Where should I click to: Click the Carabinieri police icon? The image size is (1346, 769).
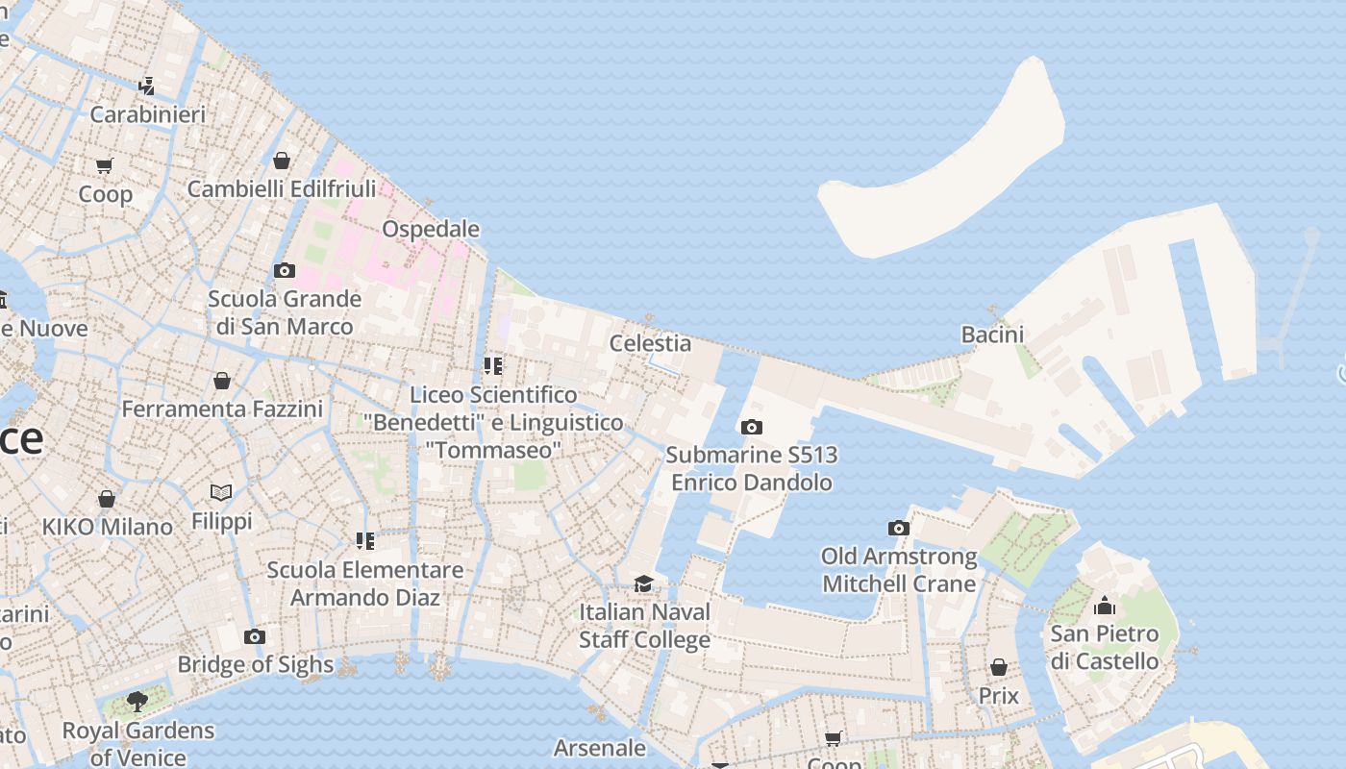[x=146, y=87]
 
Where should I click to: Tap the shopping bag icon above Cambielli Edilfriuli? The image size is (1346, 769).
[x=282, y=161]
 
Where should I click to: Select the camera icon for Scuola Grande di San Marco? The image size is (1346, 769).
[x=284, y=271]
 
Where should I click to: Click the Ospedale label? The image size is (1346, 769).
[x=431, y=229]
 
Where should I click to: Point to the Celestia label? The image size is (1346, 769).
[x=650, y=343]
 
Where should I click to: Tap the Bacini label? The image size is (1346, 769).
[x=992, y=335]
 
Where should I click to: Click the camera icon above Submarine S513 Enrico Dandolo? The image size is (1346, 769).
[x=752, y=428]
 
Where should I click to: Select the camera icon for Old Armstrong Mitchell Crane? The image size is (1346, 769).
[x=899, y=529]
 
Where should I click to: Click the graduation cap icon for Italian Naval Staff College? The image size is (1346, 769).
[x=643, y=584]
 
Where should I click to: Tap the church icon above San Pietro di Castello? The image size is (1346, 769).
[x=1105, y=607]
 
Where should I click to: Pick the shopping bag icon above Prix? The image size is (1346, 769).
[x=999, y=667]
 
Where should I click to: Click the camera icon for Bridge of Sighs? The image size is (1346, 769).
[x=255, y=637]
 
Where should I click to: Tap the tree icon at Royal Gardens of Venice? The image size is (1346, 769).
[x=137, y=702]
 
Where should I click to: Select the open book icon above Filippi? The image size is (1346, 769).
[x=221, y=493]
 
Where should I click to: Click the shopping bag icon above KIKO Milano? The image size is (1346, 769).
[x=107, y=500]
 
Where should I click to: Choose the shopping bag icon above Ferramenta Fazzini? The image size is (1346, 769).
[x=222, y=382]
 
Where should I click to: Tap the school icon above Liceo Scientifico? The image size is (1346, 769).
[x=493, y=366]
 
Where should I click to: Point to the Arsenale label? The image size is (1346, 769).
[x=600, y=747]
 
